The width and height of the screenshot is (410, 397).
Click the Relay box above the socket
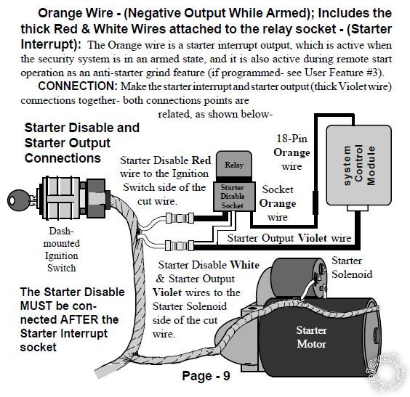coord(233,165)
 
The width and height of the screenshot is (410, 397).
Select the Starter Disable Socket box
coord(233,197)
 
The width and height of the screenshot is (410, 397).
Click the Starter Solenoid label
coord(352,267)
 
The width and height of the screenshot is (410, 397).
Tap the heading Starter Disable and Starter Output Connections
coord(81,142)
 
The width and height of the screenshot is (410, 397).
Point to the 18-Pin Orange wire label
coord(292,152)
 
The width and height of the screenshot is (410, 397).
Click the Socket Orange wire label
coord(277,203)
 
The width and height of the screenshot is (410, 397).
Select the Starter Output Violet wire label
coord(289,237)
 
